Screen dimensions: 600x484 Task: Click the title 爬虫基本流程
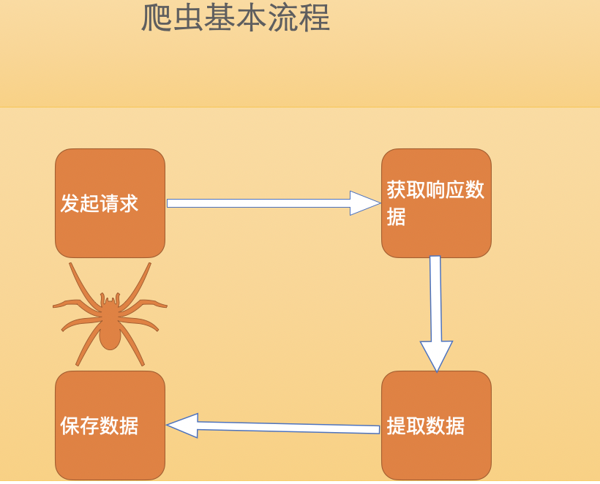(x=236, y=18)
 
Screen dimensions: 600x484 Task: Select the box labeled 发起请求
(x=110, y=203)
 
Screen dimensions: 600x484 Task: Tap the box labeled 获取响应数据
(x=436, y=203)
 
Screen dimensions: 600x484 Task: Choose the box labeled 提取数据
(x=436, y=426)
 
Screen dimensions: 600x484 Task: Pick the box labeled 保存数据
(x=110, y=426)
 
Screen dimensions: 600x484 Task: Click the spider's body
(x=110, y=333)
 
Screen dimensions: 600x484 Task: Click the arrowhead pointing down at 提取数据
(x=436, y=355)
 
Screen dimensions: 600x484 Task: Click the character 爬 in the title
(x=156, y=18)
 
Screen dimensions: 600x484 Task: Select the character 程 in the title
(x=315, y=18)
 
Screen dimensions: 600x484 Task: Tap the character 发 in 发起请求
(x=70, y=203)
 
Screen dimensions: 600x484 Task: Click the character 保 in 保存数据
(x=70, y=426)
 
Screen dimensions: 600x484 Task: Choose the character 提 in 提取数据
(x=396, y=426)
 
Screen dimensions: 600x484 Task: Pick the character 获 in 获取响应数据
(x=396, y=190)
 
